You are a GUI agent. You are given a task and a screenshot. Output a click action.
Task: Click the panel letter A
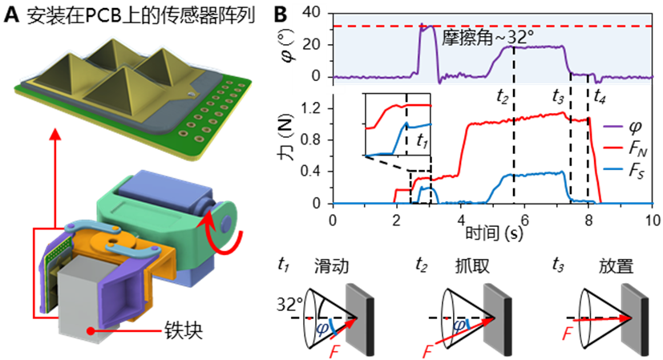coord(11,15)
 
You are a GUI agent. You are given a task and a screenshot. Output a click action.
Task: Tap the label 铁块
coord(183,330)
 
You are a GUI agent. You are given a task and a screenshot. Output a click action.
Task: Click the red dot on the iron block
coord(90,330)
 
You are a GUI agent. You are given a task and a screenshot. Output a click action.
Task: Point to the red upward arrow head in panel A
coord(55,135)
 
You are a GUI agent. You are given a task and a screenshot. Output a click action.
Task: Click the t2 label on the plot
coord(502,97)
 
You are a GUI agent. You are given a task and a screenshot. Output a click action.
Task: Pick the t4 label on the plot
coord(599,97)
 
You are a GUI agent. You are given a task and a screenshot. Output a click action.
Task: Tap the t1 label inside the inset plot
coord(422,140)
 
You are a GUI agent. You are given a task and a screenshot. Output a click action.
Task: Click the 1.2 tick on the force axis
coord(312,109)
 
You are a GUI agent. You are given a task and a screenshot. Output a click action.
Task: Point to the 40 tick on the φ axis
coord(312,13)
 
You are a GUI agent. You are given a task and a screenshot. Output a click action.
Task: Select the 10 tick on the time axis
coord(653,220)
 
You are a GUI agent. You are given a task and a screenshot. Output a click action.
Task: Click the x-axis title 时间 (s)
coord(494,233)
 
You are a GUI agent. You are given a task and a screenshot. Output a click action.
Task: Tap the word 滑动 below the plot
coord(332,266)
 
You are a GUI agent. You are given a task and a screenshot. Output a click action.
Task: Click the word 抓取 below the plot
coord(472,266)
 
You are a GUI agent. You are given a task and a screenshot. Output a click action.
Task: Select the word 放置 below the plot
coord(616,266)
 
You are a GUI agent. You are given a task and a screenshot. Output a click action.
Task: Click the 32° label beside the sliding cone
coord(289,304)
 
